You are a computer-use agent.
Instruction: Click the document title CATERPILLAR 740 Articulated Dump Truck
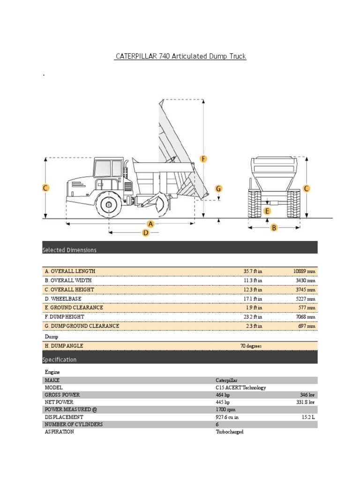pos(180,56)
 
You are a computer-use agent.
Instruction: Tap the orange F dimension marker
pos(203,159)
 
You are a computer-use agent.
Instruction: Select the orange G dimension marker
pos(218,188)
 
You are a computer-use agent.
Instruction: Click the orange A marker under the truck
pos(151,224)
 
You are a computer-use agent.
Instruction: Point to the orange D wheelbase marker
pos(146,232)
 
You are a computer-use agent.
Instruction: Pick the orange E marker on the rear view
pos(267,211)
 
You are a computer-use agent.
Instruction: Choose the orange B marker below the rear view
pos(274,228)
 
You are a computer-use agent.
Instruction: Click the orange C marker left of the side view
pos(45,188)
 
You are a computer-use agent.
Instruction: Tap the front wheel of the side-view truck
pos(109,205)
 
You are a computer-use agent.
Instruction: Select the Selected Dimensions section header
pos(69,250)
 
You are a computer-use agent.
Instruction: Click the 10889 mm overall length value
pos(304,271)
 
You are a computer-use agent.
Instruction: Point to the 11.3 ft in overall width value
pos(253,280)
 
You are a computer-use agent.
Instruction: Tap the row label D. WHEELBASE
pos(63,299)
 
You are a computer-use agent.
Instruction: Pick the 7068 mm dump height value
pos(305,317)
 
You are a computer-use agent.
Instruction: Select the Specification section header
pos(60,360)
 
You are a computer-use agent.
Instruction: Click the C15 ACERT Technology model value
pos(240,388)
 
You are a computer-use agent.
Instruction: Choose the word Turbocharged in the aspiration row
pos(229,432)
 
